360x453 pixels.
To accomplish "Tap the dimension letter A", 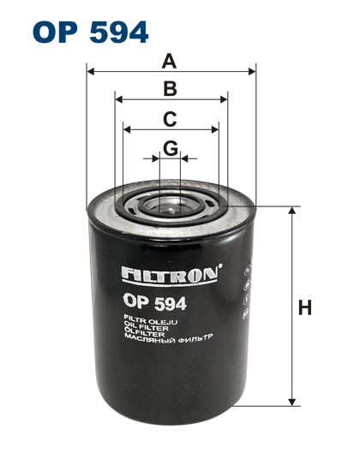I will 171,61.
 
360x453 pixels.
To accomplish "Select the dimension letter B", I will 171,89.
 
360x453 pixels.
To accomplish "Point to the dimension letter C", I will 171,119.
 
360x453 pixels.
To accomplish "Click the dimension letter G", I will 171,148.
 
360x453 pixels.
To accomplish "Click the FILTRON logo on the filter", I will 171,277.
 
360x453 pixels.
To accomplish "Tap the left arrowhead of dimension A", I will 90,72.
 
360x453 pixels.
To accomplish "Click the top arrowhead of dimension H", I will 293,211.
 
